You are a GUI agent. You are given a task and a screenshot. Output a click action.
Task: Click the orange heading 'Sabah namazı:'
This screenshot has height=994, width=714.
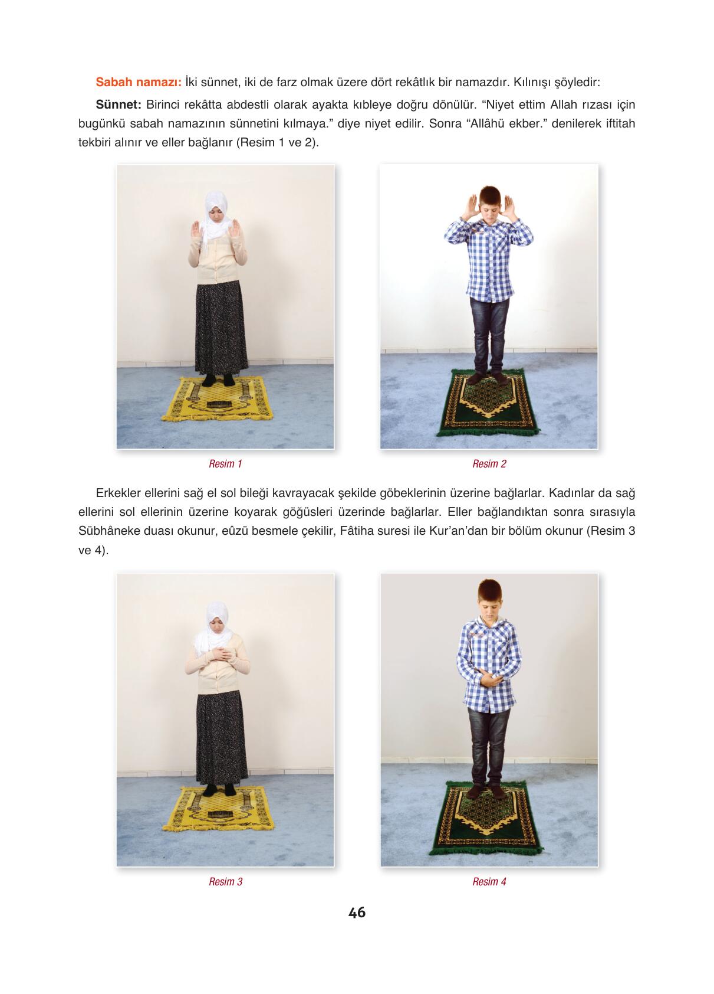click(139, 82)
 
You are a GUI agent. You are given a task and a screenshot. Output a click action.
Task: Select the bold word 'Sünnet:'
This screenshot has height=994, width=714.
click(119, 104)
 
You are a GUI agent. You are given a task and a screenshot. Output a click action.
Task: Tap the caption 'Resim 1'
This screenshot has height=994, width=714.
click(225, 464)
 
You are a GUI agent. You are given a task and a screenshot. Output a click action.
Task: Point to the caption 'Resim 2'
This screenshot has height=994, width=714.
click(489, 464)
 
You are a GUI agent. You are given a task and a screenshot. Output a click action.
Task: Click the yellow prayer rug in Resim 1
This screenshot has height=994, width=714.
click(218, 399)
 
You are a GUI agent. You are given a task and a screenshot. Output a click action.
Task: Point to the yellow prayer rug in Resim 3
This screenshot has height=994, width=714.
click(219, 809)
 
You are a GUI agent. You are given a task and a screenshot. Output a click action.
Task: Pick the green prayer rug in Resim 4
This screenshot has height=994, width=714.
click(486, 820)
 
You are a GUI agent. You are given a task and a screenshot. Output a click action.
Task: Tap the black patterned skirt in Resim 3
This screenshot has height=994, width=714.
click(222, 737)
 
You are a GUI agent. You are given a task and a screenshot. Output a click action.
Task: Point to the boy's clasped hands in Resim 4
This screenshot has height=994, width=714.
click(490, 679)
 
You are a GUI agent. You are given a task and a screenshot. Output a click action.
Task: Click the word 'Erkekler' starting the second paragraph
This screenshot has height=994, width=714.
click(118, 493)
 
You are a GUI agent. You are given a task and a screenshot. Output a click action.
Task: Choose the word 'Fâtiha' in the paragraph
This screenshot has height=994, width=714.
click(356, 531)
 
